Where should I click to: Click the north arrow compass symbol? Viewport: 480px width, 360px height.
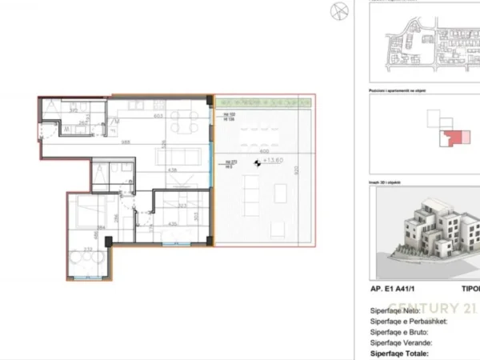(x=337, y=10)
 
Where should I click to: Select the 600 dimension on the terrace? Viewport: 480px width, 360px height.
(x=264, y=152)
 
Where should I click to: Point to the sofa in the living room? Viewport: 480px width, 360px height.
(x=180, y=154)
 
